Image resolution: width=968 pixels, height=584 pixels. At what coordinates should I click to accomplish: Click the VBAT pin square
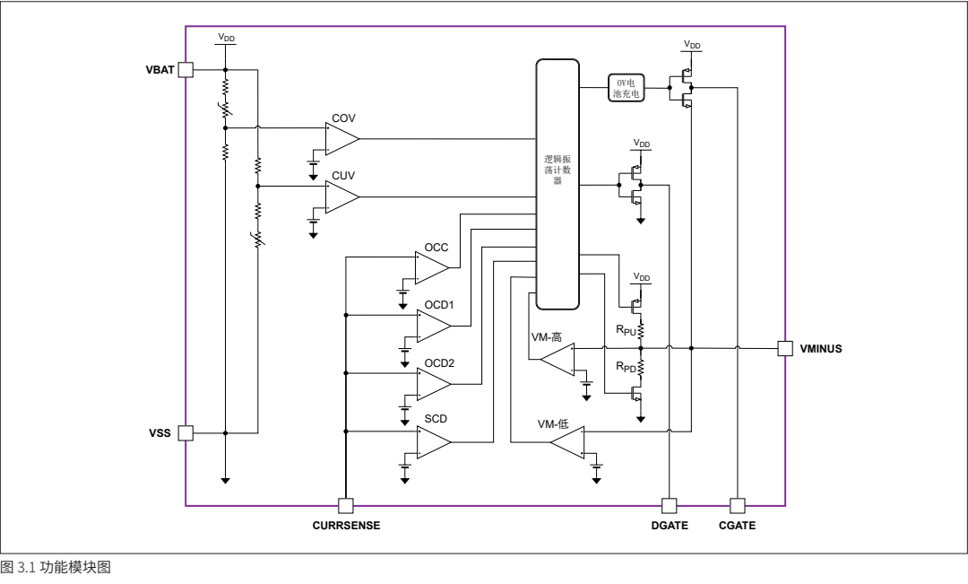[186, 69]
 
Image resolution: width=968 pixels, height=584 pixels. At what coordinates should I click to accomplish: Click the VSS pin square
[186, 432]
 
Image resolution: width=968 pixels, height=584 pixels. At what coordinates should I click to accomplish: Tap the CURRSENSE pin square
[345, 505]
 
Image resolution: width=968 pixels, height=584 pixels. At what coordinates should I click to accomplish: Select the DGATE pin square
[670, 505]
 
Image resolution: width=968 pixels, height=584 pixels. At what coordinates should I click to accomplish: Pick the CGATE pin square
[738, 505]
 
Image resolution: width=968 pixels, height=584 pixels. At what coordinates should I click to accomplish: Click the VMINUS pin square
[785, 348]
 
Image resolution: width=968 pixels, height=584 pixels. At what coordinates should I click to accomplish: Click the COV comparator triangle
[341, 139]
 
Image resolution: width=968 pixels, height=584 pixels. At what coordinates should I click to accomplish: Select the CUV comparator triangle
[341, 196]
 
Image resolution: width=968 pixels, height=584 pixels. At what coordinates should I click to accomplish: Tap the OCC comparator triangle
[430, 266]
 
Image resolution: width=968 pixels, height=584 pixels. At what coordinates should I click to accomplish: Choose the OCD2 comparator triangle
[433, 383]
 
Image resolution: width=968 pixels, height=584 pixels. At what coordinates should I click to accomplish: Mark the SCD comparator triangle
[433, 441]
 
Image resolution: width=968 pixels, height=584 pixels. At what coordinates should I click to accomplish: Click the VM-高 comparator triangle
[558, 361]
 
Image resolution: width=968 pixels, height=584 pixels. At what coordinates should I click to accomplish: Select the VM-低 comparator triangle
[568, 441]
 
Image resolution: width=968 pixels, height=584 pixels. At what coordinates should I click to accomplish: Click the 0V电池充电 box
[625, 88]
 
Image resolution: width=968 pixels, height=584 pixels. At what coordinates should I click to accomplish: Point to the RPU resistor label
[625, 330]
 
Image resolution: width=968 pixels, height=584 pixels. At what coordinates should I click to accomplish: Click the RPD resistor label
[625, 367]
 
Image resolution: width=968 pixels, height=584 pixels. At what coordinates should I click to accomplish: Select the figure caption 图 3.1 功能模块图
[56, 569]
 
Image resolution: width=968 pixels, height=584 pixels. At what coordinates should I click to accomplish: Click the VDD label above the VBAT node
[226, 39]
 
